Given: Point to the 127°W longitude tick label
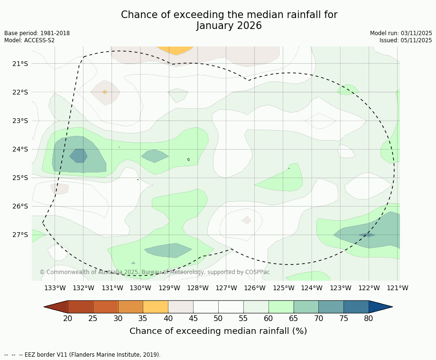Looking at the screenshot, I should coord(226,288).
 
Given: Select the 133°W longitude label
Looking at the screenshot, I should coord(55,288).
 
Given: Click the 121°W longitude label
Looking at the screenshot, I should coord(398,288).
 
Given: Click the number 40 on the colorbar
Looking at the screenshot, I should coord(168,318).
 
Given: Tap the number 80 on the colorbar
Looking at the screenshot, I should coord(369,318).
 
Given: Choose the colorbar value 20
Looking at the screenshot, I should coord(68,318).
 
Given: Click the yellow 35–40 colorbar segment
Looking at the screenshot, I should coord(156,307).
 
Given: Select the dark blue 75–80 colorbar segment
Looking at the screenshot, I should coord(356,307).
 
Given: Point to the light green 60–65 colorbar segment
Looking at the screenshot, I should coord(281,307).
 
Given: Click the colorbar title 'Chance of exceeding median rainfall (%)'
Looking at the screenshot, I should coord(218,331).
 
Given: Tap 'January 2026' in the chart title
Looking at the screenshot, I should coord(229,26).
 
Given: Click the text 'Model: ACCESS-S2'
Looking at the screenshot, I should coord(29,40).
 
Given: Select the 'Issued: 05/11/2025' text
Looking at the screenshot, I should coord(405,40).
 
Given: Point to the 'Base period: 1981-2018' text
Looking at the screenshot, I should coord(37,33).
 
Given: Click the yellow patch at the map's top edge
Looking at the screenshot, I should coord(175,49).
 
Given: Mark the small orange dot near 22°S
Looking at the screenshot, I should coord(104,92).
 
